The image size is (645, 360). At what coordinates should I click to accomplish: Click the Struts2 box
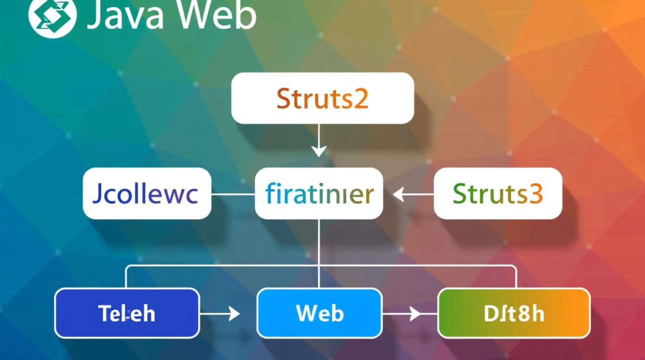pyautogui.click(x=322, y=98)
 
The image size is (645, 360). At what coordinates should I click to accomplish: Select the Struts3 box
pyautogui.click(x=498, y=193)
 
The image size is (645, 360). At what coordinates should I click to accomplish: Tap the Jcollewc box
pyautogui.click(x=147, y=193)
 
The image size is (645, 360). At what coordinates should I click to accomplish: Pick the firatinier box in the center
pyautogui.click(x=319, y=193)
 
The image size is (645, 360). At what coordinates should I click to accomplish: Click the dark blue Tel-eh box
pyautogui.click(x=127, y=313)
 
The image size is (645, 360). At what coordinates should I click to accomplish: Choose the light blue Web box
pyautogui.click(x=320, y=313)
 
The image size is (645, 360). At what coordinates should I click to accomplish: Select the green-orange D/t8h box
pyautogui.click(x=514, y=313)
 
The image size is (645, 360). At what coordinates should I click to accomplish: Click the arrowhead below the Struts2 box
pyautogui.click(x=319, y=151)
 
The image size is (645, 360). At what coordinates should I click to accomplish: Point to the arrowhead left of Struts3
pyautogui.click(x=398, y=194)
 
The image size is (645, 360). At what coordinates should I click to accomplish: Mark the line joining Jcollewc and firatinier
pyautogui.click(x=233, y=194)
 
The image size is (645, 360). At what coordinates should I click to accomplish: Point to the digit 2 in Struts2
pyautogui.click(x=361, y=98)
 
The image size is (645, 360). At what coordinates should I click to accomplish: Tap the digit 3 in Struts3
pyautogui.click(x=536, y=194)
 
